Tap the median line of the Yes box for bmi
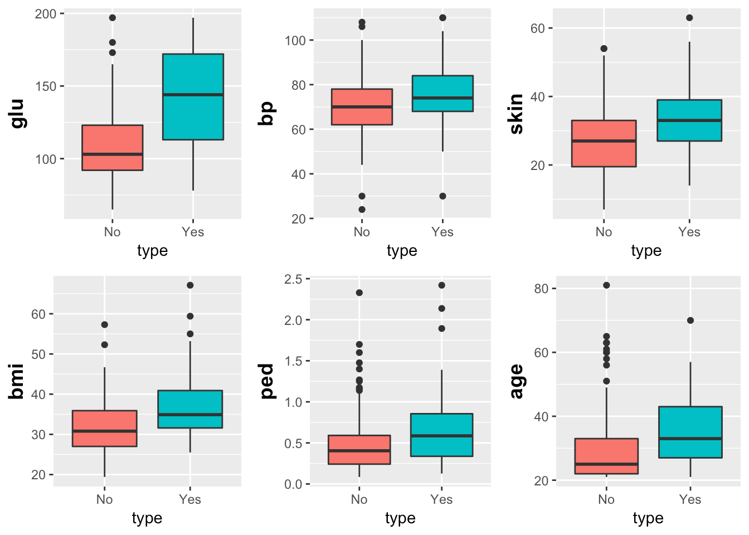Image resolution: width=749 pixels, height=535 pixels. coord(190,415)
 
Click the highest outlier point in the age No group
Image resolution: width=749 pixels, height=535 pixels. coord(606,285)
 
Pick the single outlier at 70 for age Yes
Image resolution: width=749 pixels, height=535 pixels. coord(690,320)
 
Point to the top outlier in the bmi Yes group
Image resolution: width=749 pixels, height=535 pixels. coord(190,285)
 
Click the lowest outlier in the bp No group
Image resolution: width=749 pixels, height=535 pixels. coord(362,210)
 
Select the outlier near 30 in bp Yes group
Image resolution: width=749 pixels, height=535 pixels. coord(442,196)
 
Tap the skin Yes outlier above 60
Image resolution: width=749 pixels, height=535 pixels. coord(689,18)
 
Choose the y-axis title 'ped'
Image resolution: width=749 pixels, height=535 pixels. coord(267,381)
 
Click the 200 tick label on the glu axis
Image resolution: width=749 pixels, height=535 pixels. coord(46,14)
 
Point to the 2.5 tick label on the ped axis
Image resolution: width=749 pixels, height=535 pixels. coord(293,279)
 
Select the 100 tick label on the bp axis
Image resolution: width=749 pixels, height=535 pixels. coord(295,41)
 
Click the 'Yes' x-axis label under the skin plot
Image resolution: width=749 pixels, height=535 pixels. coord(689,232)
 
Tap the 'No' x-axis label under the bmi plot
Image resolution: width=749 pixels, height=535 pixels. coord(104,499)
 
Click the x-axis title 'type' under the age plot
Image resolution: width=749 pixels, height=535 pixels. coord(648,518)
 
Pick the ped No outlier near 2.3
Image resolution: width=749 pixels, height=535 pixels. coord(359,293)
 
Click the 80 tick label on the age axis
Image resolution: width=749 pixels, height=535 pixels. coord(541,289)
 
